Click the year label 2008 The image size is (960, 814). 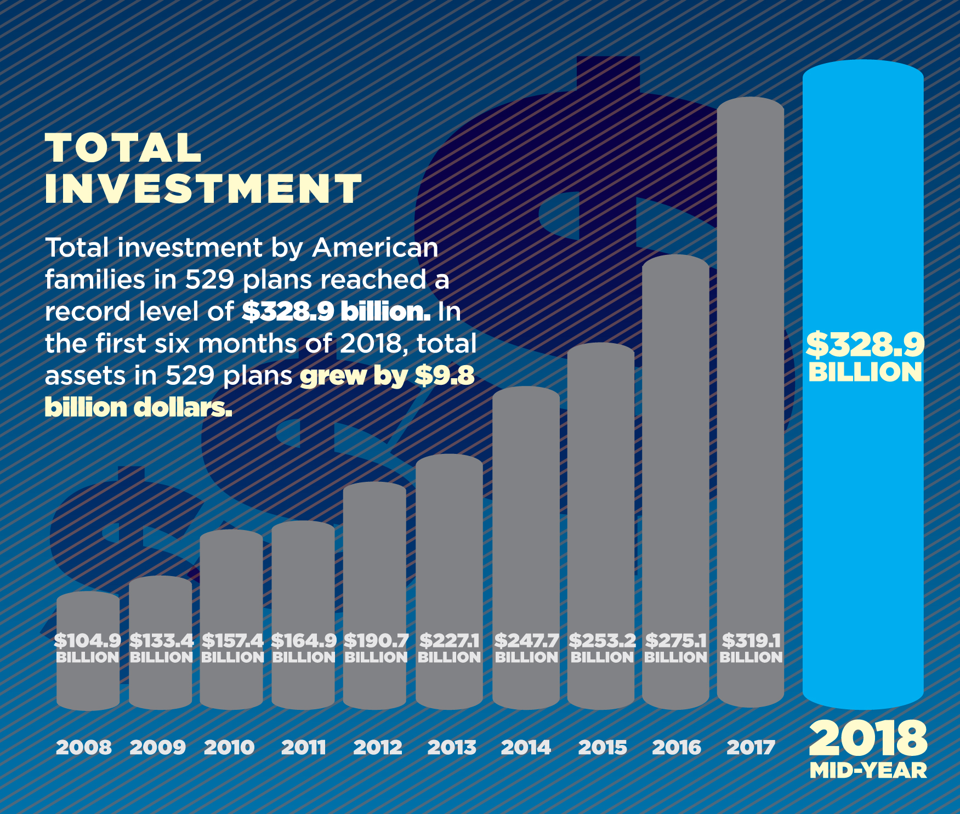coord(84,747)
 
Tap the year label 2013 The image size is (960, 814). coord(452,747)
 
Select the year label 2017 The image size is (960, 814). coord(751,747)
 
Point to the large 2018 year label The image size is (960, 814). coord(868,738)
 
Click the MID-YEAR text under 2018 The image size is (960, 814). coord(868,771)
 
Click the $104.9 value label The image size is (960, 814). coord(88,640)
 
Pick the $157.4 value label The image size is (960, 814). coord(232,640)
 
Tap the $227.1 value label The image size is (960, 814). coord(449,640)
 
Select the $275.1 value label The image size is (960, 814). coord(675,640)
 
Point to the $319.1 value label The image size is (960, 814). coord(751,640)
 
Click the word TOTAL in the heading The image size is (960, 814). coord(124,148)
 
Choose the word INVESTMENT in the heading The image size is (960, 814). coord(203,189)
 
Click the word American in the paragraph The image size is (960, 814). coord(375,248)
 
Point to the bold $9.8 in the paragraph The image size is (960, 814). coord(444,376)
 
